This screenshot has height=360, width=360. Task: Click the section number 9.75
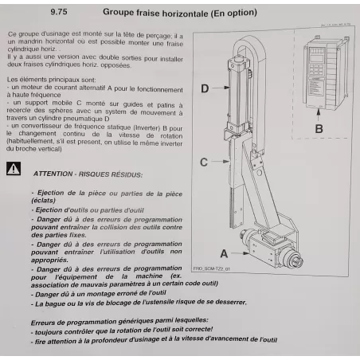(59, 13)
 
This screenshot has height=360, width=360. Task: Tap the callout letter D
(204, 88)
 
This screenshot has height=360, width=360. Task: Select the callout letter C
(204, 162)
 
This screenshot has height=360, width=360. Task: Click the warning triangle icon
(14, 169)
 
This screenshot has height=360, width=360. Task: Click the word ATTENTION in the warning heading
(53, 173)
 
